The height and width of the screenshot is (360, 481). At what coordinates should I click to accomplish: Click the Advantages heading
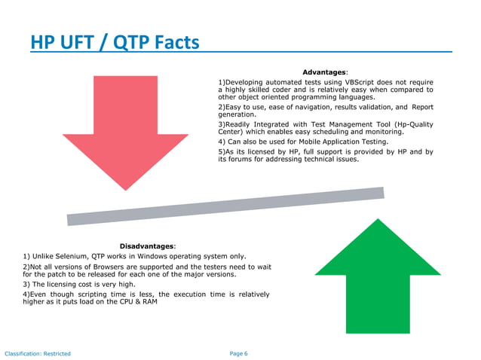[325, 72]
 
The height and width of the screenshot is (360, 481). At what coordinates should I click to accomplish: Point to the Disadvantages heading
[147, 246]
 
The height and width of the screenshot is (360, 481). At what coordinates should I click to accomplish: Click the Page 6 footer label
[237, 353]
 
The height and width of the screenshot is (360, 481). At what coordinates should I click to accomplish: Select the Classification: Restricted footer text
[38, 353]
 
